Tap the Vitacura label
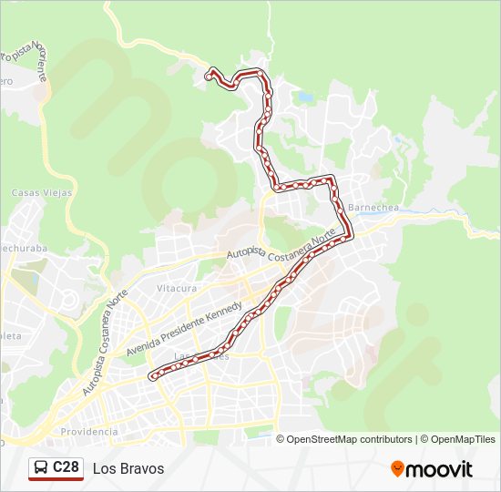pos(177,288)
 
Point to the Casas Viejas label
pos(36,193)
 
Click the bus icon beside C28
pos(41,467)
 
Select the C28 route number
pos(66,467)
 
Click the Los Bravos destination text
pos(128,468)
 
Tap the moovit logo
pos(432,469)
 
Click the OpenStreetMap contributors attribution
pos(350,439)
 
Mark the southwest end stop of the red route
pos(152,374)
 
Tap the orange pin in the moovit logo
pos(397,469)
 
